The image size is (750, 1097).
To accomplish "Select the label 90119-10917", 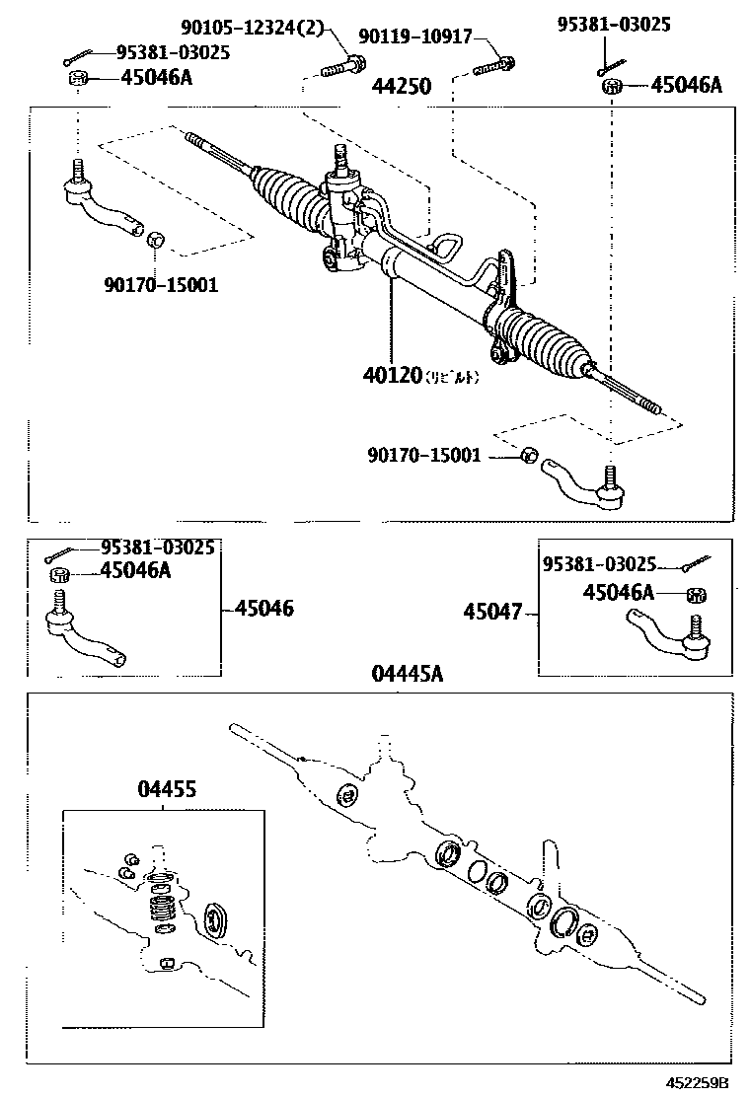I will coord(420,37).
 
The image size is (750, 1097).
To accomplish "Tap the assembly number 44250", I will coord(401,87).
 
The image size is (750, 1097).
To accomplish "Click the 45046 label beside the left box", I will coord(263,609).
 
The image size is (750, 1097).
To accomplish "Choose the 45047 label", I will coord(492,612).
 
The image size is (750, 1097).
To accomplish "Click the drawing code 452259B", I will coord(697,1082).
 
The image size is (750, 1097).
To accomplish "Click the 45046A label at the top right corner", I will coord(687,86).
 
